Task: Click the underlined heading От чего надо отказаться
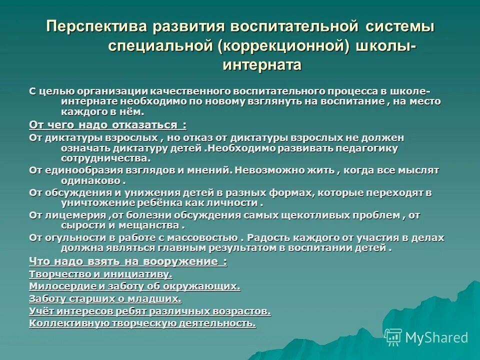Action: (107, 124)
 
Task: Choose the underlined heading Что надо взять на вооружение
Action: (128, 261)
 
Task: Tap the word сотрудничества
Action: (105, 158)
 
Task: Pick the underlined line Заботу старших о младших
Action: (105, 299)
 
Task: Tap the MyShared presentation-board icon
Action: (393, 337)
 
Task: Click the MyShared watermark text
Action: (436, 338)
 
